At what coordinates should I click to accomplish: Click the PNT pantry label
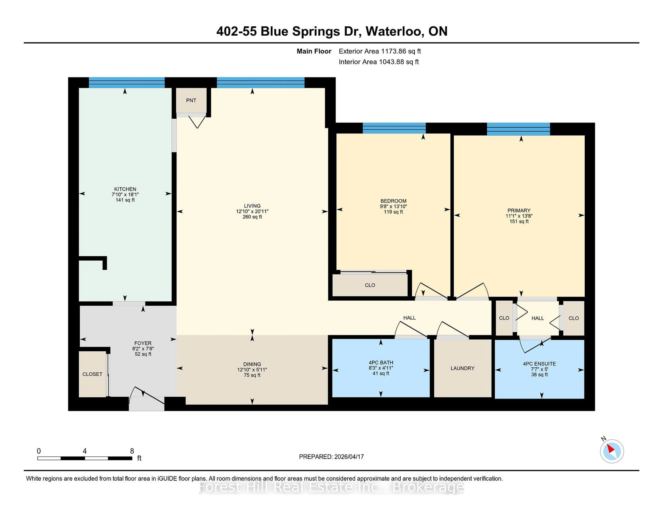coord(191,100)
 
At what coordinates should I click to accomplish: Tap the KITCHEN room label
coord(125,189)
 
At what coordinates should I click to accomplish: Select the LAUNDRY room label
coord(462,368)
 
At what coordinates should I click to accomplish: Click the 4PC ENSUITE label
coord(539,364)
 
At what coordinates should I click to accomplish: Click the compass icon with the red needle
coord(612,451)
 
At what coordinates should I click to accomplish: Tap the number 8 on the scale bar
coord(132,451)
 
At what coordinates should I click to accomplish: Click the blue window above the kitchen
coord(127,82)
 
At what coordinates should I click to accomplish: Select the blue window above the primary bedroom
coord(518,129)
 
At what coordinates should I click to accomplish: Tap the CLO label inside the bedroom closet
coord(370,285)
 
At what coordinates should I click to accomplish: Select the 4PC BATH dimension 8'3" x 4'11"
coord(381,368)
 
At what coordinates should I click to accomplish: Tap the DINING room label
coord(252,364)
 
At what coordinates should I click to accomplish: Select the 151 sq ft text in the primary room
coord(519,221)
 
